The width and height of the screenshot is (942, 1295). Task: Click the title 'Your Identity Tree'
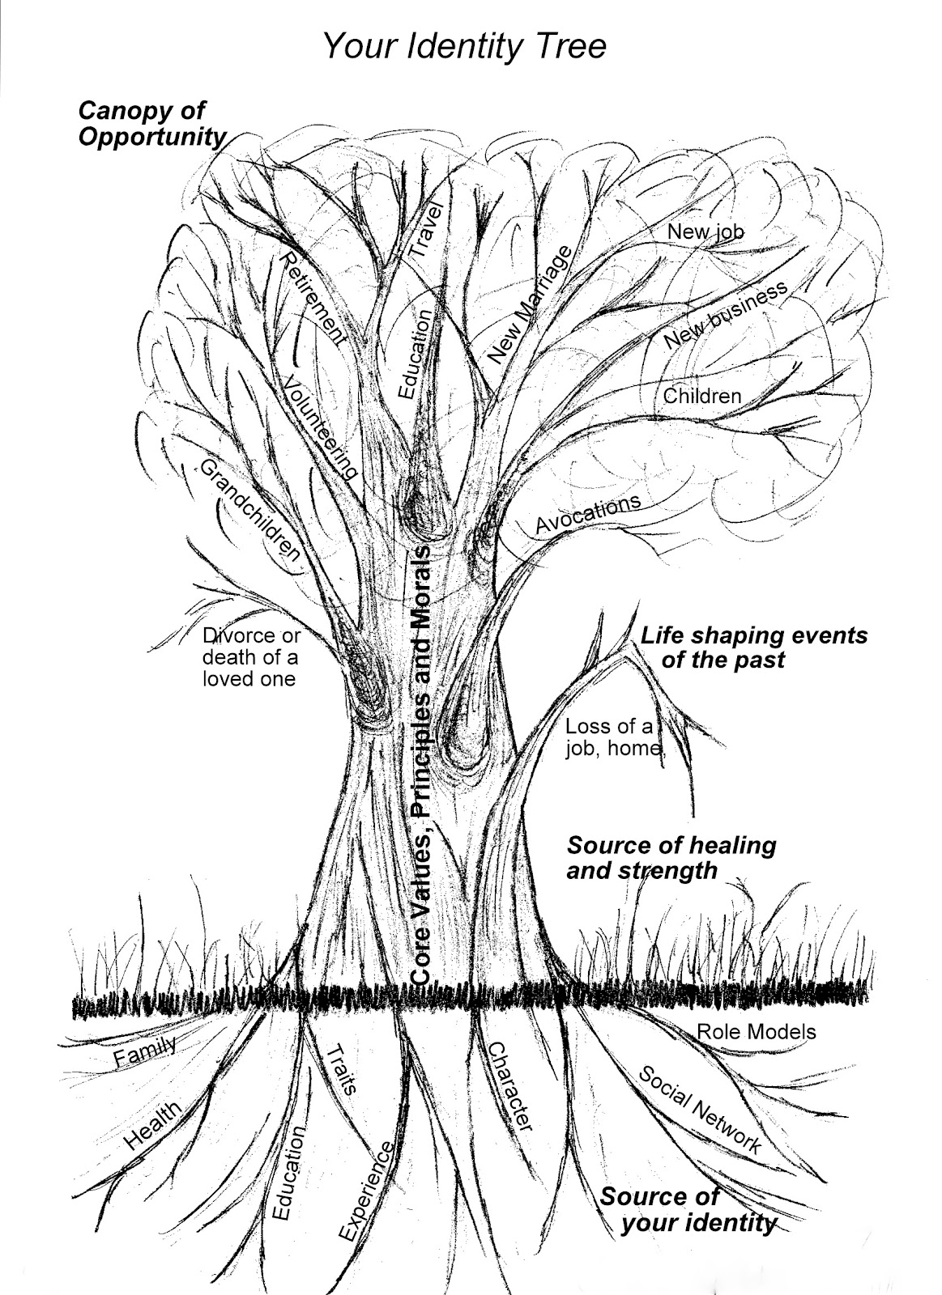click(x=464, y=46)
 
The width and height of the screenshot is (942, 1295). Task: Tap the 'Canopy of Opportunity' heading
click(x=151, y=124)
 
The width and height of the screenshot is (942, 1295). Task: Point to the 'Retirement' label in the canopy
click(x=313, y=299)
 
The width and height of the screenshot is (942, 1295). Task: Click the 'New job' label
click(x=705, y=231)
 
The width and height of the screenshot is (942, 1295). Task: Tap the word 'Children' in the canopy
click(x=702, y=396)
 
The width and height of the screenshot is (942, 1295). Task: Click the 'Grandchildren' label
click(x=250, y=511)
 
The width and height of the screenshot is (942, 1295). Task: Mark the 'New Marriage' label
click(x=531, y=303)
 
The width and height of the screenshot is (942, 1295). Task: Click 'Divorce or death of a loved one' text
click(x=250, y=657)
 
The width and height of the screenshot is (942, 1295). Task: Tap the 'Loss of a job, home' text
click(x=613, y=737)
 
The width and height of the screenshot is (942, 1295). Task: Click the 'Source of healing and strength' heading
click(x=671, y=857)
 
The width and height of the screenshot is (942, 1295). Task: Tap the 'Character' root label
click(x=508, y=1085)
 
